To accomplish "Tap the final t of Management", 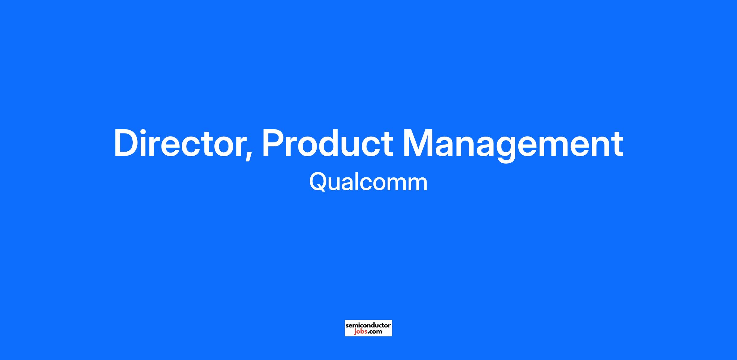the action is (617, 145).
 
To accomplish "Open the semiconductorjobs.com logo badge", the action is (368, 328).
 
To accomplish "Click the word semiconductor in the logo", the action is (368, 325).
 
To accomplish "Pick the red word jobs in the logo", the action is (361, 332).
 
